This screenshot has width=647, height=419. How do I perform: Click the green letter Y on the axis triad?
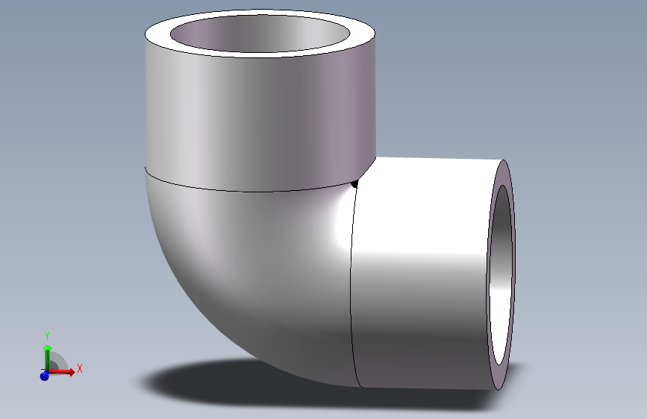coord(47,335)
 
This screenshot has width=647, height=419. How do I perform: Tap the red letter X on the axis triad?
coord(79,368)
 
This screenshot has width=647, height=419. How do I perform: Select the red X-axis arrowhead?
coord(70,371)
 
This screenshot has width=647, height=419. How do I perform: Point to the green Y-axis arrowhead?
coord(47,347)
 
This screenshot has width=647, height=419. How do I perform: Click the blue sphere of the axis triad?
coord(44,376)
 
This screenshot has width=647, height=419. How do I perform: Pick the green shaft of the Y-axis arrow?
coord(47,359)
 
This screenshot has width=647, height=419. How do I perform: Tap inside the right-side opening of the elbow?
coord(501,276)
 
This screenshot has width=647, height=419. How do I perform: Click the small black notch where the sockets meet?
coord(355,183)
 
